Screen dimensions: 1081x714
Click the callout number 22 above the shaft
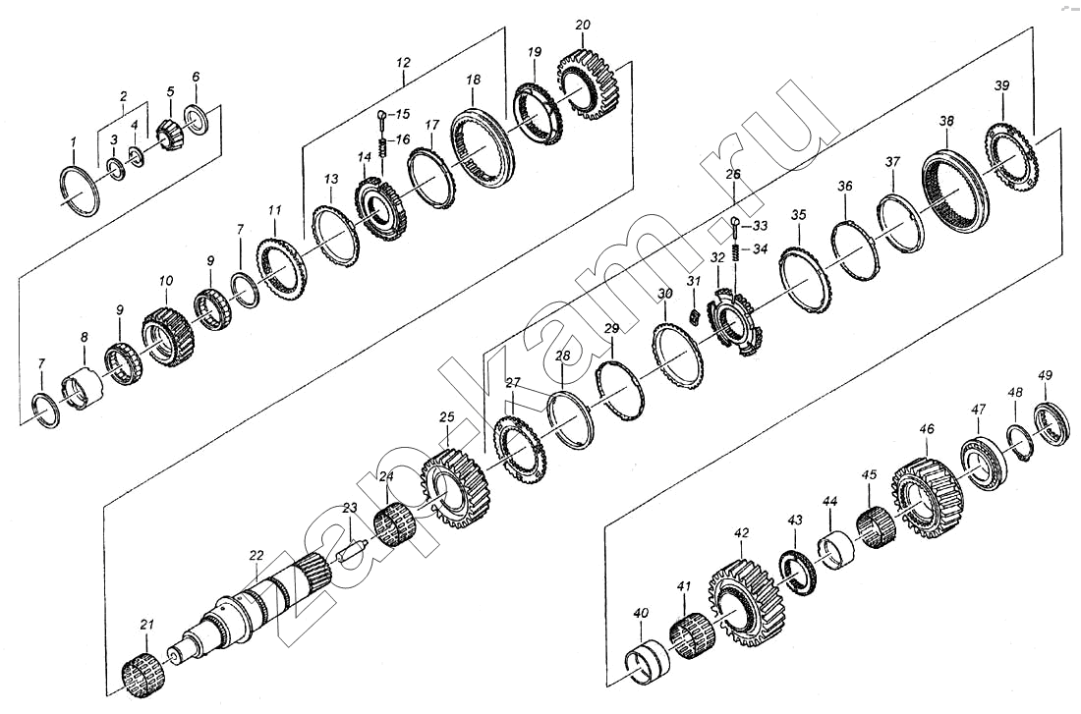coord(256,555)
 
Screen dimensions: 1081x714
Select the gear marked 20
coord(588,86)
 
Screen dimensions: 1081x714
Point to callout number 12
coord(403,63)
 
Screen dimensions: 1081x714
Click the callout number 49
coord(1046,375)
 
